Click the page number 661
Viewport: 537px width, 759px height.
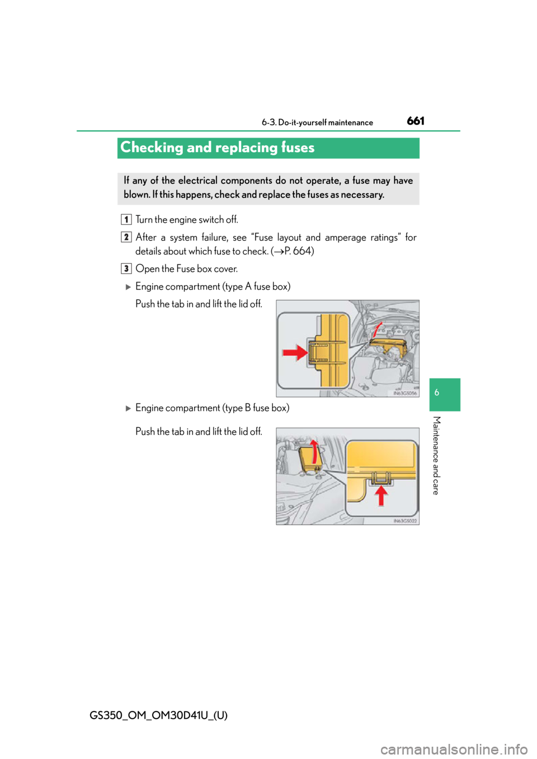coord(415,121)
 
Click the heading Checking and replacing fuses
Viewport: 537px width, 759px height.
coord(217,148)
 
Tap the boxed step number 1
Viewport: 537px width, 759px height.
coord(126,220)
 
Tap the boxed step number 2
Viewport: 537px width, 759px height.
coord(126,237)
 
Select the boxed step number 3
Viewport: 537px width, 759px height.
coord(126,269)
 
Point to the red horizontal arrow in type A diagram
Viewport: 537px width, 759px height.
coord(295,353)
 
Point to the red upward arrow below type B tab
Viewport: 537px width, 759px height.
coord(381,495)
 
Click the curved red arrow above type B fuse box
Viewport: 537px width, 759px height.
coord(314,452)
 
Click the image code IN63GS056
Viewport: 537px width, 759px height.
coord(405,393)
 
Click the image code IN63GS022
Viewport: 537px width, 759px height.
coord(405,521)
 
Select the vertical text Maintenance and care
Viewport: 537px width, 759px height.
coord(437,456)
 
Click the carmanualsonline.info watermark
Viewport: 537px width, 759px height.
coord(458,749)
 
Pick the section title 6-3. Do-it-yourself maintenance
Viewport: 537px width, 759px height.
coord(317,122)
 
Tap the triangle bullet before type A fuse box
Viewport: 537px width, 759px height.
coord(128,287)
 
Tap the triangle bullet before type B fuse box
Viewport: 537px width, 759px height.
coord(128,409)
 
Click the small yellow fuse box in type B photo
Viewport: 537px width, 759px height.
coord(309,458)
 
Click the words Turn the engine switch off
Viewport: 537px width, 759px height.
coord(186,220)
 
